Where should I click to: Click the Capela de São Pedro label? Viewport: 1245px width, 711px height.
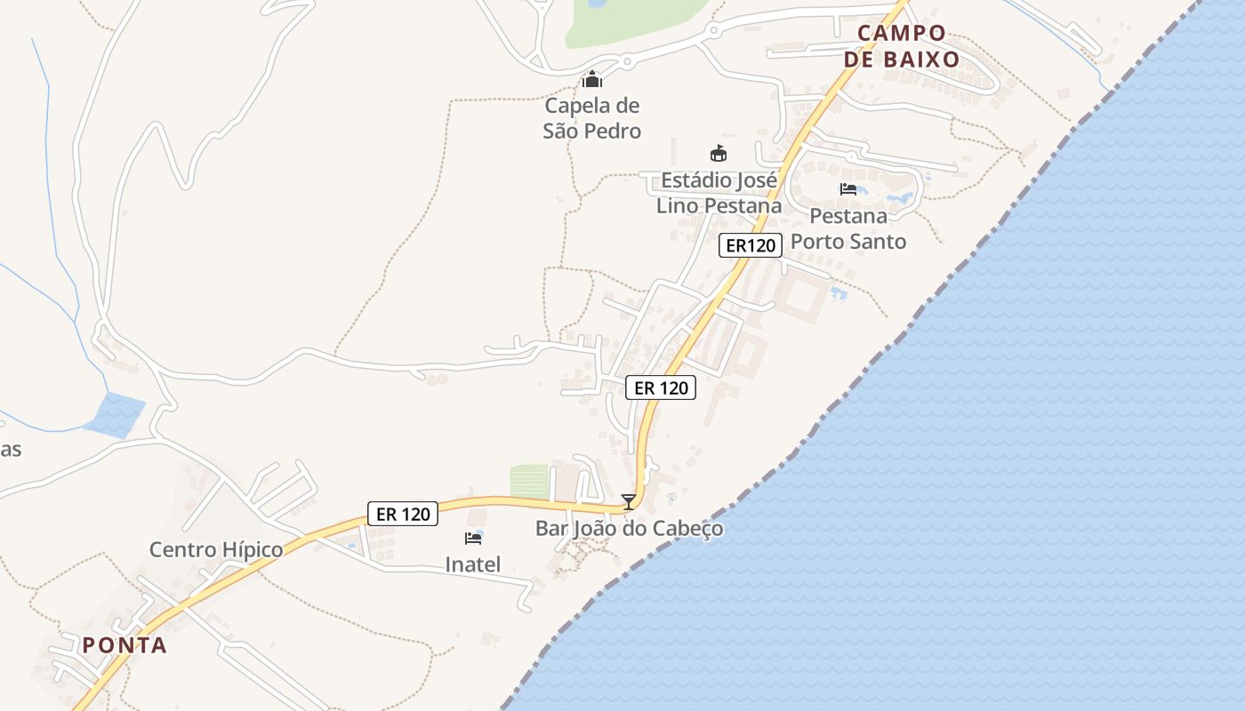[x=592, y=118]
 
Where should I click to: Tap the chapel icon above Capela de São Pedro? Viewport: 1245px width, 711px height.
[x=592, y=80]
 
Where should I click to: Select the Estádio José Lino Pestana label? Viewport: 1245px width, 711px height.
[x=719, y=193]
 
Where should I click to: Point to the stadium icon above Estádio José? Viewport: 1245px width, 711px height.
[x=719, y=154]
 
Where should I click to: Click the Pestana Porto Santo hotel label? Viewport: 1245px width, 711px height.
[x=848, y=228]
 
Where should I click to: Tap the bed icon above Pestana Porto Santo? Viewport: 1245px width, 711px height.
[x=848, y=188]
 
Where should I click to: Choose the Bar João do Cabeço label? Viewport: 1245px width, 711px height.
[x=629, y=529]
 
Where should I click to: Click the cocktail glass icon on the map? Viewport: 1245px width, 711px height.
[x=629, y=502]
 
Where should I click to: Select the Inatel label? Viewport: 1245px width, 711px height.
[x=473, y=564]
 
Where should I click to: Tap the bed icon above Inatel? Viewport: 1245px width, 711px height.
[x=473, y=538]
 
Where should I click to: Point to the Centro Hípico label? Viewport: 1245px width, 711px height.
[x=216, y=549]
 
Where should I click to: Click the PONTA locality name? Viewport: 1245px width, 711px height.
[x=124, y=645]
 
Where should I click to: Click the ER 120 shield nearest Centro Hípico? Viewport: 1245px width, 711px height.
[x=403, y=514]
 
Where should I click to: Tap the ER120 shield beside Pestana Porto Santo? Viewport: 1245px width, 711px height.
[x=751, y=245]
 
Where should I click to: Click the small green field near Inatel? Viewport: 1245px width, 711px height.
[x=529, y=481]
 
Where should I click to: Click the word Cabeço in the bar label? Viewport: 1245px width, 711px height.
[x=687, y=529]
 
